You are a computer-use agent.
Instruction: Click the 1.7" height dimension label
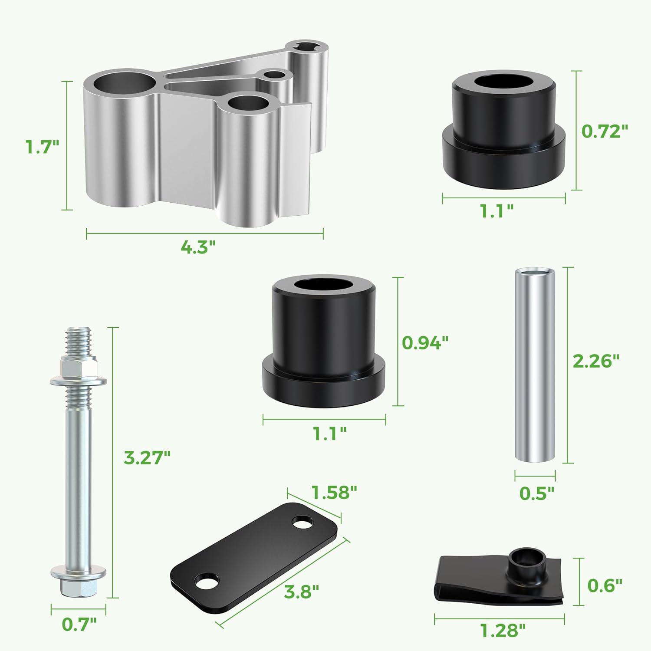point(42,146)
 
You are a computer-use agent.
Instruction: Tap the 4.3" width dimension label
point(198,248)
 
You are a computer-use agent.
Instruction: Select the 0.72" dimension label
point(605,131)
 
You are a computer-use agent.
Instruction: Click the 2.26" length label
point(596,361)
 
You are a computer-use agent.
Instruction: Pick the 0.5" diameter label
point(537,493)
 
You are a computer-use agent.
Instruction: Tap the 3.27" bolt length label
point(147,457)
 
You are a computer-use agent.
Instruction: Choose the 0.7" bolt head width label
point(79,624)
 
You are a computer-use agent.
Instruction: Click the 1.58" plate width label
point(334,492)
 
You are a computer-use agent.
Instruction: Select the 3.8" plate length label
point(302,591)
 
